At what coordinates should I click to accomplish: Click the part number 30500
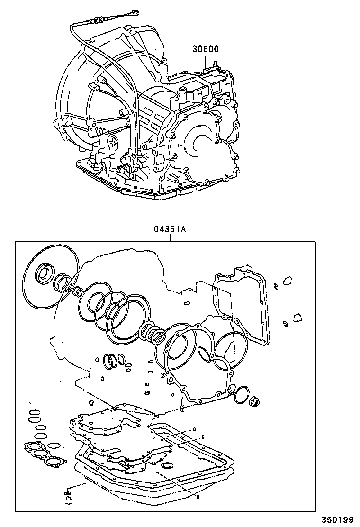pos(205,49)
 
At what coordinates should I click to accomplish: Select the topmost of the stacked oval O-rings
pos(35,412)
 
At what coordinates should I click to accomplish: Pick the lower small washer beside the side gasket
pos(285,323)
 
